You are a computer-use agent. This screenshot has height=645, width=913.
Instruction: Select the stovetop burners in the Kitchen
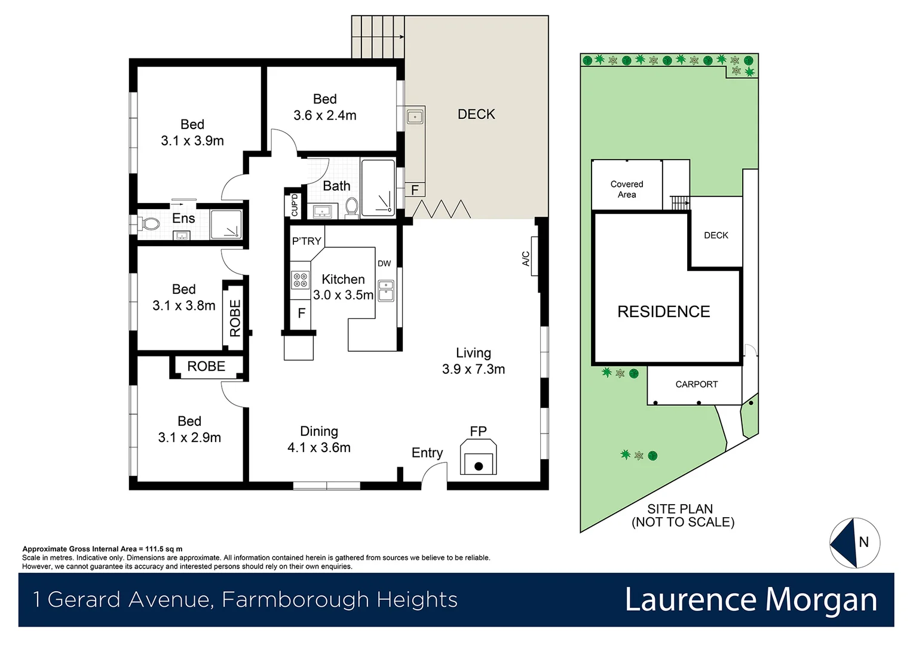pos(300,280)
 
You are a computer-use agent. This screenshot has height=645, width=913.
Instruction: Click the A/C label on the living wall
pos(526,258)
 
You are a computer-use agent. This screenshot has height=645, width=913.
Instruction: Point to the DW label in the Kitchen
pos(384,263)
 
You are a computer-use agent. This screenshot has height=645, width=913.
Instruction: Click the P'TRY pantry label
pos(307,241)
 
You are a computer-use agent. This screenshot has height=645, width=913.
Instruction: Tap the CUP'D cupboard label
pos(294,205)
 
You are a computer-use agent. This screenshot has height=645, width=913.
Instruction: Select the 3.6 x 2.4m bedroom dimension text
pos(324,115)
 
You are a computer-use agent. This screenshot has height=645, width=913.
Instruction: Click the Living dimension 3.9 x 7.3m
pos(473,369)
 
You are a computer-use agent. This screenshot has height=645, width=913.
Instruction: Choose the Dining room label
pos(319,431)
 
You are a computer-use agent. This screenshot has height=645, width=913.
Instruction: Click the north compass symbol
pos(854,542)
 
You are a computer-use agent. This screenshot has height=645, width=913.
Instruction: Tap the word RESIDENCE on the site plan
pos(663,312)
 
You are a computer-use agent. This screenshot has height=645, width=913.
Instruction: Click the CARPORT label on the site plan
pos(696,385)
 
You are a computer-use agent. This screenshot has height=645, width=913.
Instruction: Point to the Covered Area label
pos(627,189)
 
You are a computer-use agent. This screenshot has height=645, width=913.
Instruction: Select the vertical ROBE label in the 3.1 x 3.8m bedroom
pos(235,318)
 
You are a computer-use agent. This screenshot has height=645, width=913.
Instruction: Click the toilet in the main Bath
pos(351,207)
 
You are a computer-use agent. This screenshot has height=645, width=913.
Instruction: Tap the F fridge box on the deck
pos(415,191)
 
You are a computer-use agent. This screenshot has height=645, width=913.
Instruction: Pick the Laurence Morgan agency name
pos(750,600)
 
